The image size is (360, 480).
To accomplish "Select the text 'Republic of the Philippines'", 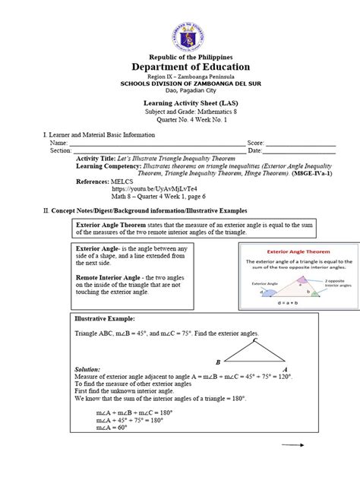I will (x=179, y=57).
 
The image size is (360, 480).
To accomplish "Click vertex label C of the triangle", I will (x=255, y=339).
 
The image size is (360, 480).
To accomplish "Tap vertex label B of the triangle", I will (x=219, y=362).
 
